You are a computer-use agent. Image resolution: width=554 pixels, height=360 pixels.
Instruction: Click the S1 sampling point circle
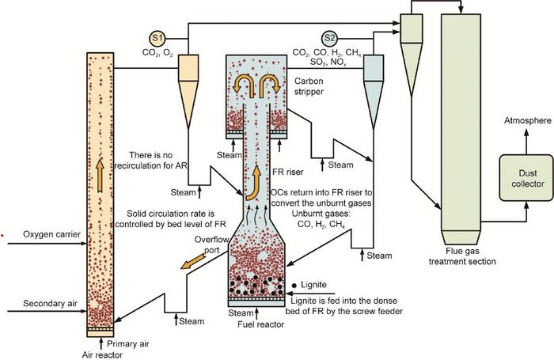point(157,38)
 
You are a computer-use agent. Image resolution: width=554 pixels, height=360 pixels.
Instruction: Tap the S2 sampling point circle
point(329,38)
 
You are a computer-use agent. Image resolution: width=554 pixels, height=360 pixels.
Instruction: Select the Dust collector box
point(526,178)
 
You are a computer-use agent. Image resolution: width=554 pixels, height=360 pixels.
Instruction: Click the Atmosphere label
point(528,121)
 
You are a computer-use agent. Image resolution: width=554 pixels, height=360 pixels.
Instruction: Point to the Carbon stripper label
point(309,86)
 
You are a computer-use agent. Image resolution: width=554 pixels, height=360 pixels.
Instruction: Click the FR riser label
point(288,172)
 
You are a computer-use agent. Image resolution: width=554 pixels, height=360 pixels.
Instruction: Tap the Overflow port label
point(211,244)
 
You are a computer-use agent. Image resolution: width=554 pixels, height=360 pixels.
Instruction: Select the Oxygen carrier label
point(51,234)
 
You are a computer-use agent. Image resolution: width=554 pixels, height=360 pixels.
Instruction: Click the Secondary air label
point(50,304)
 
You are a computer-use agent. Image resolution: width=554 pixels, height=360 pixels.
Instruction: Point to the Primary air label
point(128,344)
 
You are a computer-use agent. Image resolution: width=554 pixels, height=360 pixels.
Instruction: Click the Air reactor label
point(102,354)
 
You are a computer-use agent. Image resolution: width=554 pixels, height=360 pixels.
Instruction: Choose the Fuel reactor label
point(260,324)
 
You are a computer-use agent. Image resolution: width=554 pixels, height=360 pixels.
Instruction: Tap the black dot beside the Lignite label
point(294,285)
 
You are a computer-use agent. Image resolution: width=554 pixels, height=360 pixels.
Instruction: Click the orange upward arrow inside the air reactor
point(101,176)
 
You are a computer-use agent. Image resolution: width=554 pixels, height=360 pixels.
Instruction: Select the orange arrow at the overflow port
point(193,261)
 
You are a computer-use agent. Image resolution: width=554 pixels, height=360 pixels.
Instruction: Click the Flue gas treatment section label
point(462,256)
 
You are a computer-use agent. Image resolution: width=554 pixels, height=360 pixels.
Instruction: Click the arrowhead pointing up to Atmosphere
point(526,132)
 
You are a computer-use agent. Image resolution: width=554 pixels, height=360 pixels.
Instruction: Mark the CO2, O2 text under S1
point(157,53)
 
